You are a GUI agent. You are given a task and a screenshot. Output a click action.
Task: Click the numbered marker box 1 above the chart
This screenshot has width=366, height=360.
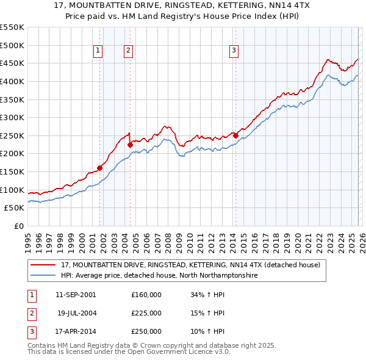click(99, 51)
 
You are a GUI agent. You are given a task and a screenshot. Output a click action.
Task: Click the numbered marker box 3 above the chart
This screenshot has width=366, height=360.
click(234, 51)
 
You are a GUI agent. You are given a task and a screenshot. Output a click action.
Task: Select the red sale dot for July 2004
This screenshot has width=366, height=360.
click(130, 145)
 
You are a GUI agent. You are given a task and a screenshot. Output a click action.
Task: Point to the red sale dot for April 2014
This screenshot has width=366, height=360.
click(235, 135)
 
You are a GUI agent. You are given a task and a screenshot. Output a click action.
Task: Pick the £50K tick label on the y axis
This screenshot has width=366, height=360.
click(15, 207)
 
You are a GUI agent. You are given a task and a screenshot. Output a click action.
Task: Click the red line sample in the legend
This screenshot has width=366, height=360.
click(43, 265)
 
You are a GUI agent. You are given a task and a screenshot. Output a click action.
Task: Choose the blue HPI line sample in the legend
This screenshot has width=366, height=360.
click(43, 276)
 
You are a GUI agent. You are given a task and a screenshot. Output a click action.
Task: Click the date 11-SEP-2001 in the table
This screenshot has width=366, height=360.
click(76, 295)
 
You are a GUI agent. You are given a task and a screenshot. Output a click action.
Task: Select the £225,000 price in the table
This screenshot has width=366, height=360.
click(146, 313)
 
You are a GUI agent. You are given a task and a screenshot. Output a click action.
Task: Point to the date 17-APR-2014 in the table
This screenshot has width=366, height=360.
click(76, 331)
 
